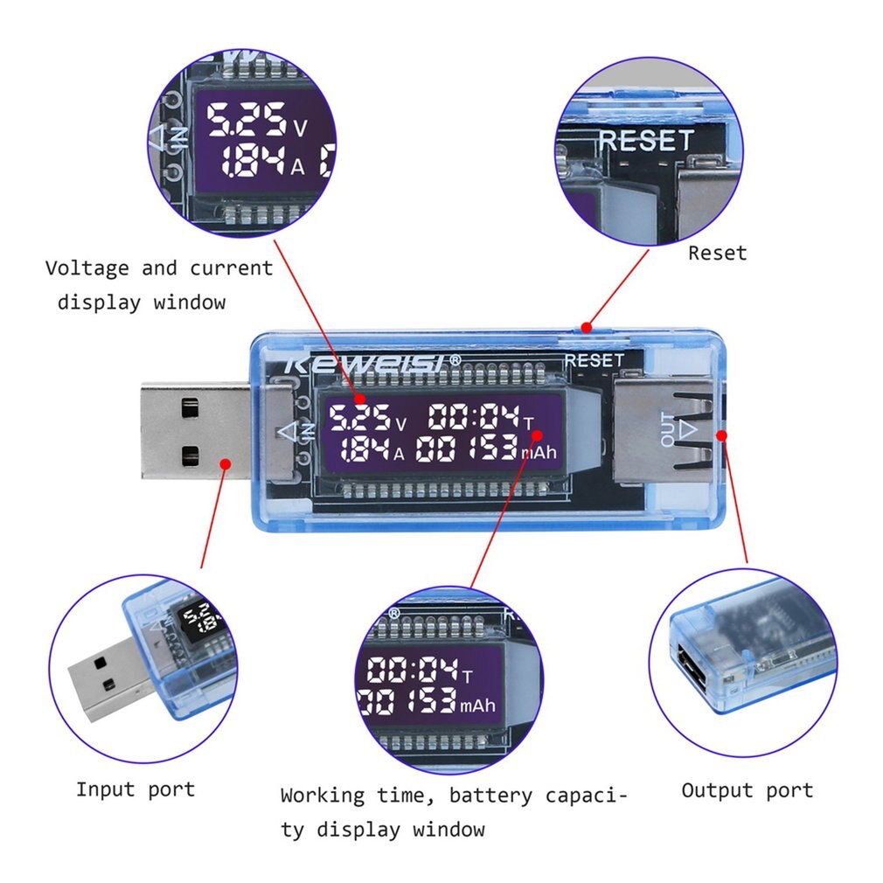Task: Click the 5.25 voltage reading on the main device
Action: coord(358,418)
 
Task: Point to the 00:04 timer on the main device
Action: coord(468,418)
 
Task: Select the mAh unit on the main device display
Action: coord(539,453)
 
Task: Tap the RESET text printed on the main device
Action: coord(594,360)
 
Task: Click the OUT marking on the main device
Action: coord(668,429)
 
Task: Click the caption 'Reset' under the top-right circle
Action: coord(717,254)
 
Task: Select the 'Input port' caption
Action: coord(135,789)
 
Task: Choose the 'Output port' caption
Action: coord(747,790)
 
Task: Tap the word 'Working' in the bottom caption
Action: coord(323,796)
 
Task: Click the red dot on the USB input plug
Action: coord(225,463)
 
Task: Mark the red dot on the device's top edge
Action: coord(587,329)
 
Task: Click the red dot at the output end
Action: coord(722,435)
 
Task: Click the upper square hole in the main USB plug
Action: coord(190,407)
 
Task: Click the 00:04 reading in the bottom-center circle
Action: coord(413,671)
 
